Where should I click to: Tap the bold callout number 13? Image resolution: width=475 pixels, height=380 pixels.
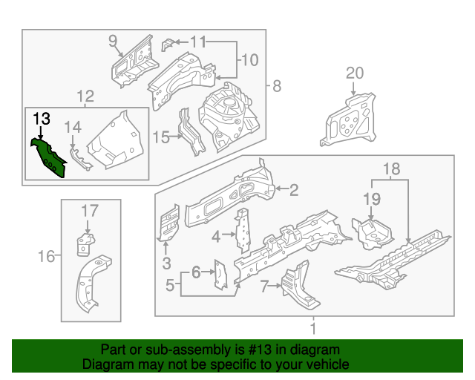point(42,118)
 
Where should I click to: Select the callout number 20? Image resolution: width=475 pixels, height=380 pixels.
point(355,73)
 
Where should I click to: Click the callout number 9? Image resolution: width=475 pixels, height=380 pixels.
point(114,40)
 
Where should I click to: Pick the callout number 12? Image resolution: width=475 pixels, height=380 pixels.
point(85,96)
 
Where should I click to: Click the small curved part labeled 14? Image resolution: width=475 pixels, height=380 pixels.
point(76,158)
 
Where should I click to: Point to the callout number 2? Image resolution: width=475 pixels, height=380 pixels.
point(293,190)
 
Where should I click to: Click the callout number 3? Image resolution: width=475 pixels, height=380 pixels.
point(166,262)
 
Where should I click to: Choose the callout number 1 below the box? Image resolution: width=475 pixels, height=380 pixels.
point(312,328)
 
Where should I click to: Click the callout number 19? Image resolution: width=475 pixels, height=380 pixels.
point(371,199)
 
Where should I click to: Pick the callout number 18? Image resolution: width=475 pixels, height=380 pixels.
point(391,170)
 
